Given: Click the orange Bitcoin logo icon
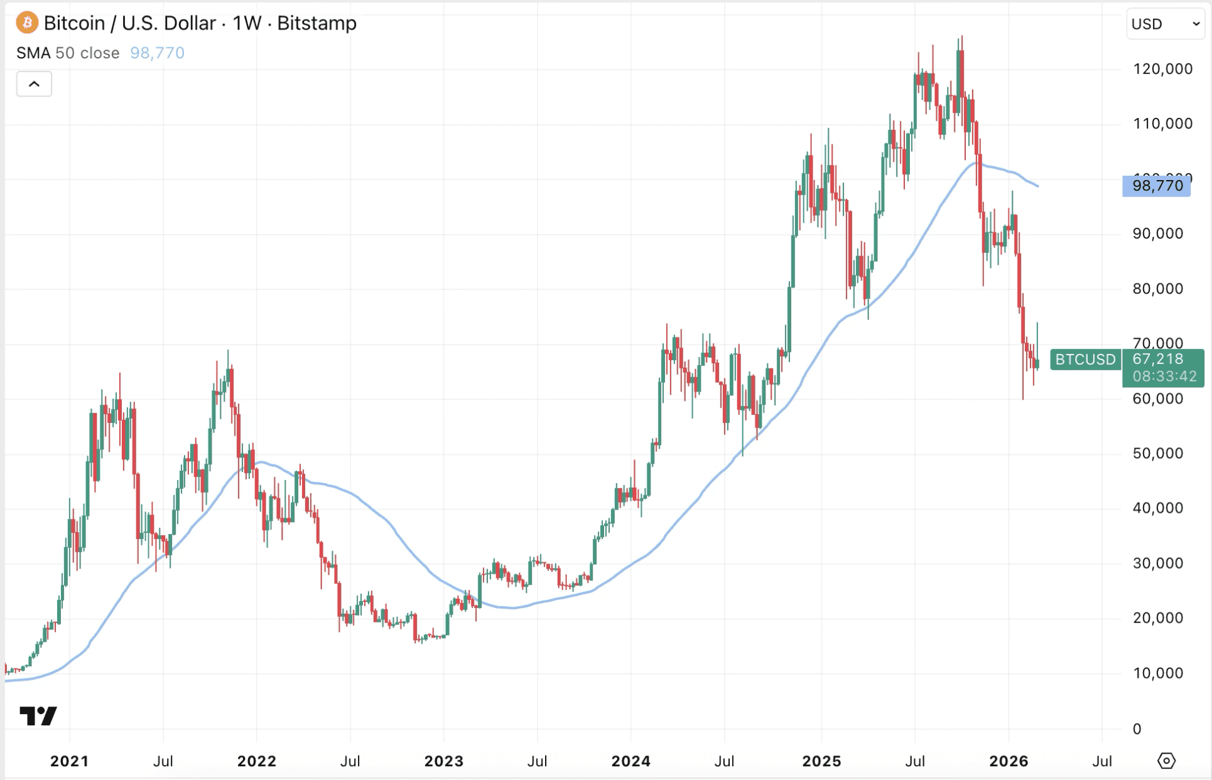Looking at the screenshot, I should pos(26,23).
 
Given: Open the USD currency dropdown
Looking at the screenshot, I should pos(1165,24).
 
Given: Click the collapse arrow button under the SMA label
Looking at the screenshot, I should pos(34,84).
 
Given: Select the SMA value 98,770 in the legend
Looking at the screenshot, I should pos(157,53).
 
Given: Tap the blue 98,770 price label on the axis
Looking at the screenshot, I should pos(1157,186).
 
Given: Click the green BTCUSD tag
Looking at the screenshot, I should pos(1085,360).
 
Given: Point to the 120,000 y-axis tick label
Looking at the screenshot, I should pos(1162,69).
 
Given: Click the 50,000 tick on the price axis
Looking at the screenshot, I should pos(1157,453).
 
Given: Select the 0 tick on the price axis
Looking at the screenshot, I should pos(1137,729).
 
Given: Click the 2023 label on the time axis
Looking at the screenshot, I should pos(443,761).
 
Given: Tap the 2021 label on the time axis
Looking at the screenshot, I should pos(69,761).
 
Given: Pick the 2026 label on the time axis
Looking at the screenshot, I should pos(1009,761).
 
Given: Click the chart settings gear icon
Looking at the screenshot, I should pos(1166,761).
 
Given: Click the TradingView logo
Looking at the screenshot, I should pos(38,716).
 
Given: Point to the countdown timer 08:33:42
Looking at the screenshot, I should pos(1164,377).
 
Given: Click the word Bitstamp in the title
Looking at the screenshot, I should pos(317,23).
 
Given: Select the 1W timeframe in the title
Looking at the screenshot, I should pos(246,23).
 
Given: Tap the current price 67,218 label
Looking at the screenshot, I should pos(1158,359).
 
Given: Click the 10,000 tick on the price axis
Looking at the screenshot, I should pos(1157,673).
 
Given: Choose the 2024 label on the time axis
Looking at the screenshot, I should pos(630,761).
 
